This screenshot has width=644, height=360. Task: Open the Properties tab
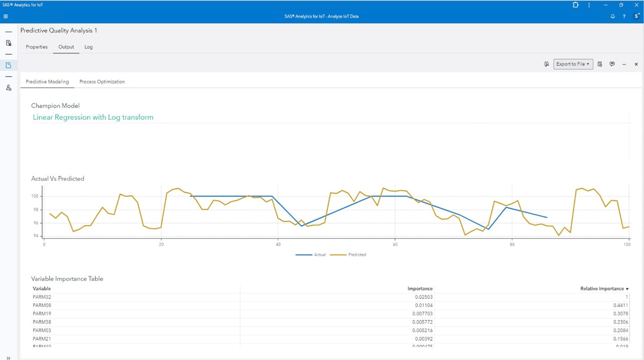tap(37, 47)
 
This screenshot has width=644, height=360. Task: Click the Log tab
tap(89, 47)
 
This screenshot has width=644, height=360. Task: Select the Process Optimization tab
tap(102, 81)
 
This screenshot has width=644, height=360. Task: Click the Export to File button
tap(573, 64)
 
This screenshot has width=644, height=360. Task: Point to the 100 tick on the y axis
tap(35, 196)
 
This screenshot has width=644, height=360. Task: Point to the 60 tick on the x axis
tap(395, 245)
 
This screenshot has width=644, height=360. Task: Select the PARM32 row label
tap(42, 297)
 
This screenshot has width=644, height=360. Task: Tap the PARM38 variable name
tap(42, 322)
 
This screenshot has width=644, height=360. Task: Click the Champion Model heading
tap(55, 106)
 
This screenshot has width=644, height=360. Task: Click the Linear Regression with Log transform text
tap(93, 117)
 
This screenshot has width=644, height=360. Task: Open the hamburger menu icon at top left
tap(6, 16)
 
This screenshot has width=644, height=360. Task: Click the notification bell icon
tap(612, 16)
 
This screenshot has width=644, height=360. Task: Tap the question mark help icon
tap(624, 16)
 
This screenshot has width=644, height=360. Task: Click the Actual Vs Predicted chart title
tap(58, 178)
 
